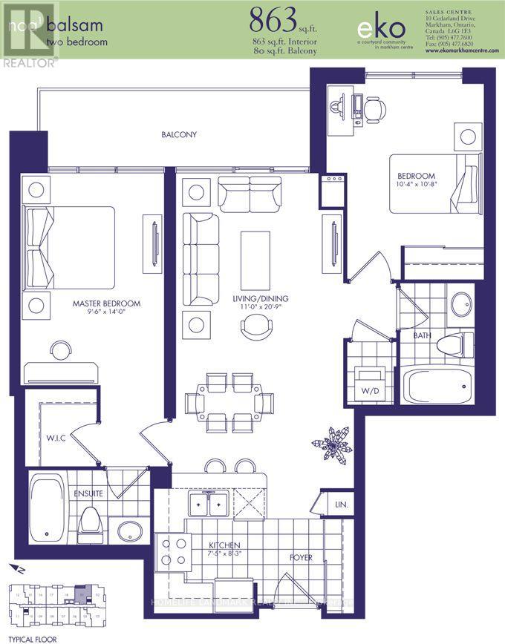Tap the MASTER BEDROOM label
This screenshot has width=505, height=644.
106,303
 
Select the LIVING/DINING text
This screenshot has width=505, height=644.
259,299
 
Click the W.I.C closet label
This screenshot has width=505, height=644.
56,438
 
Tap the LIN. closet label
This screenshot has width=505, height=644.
342,505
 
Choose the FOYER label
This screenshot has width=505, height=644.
301,557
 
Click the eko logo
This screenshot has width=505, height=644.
381,28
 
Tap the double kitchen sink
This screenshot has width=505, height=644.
208,505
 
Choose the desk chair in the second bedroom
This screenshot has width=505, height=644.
375,108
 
